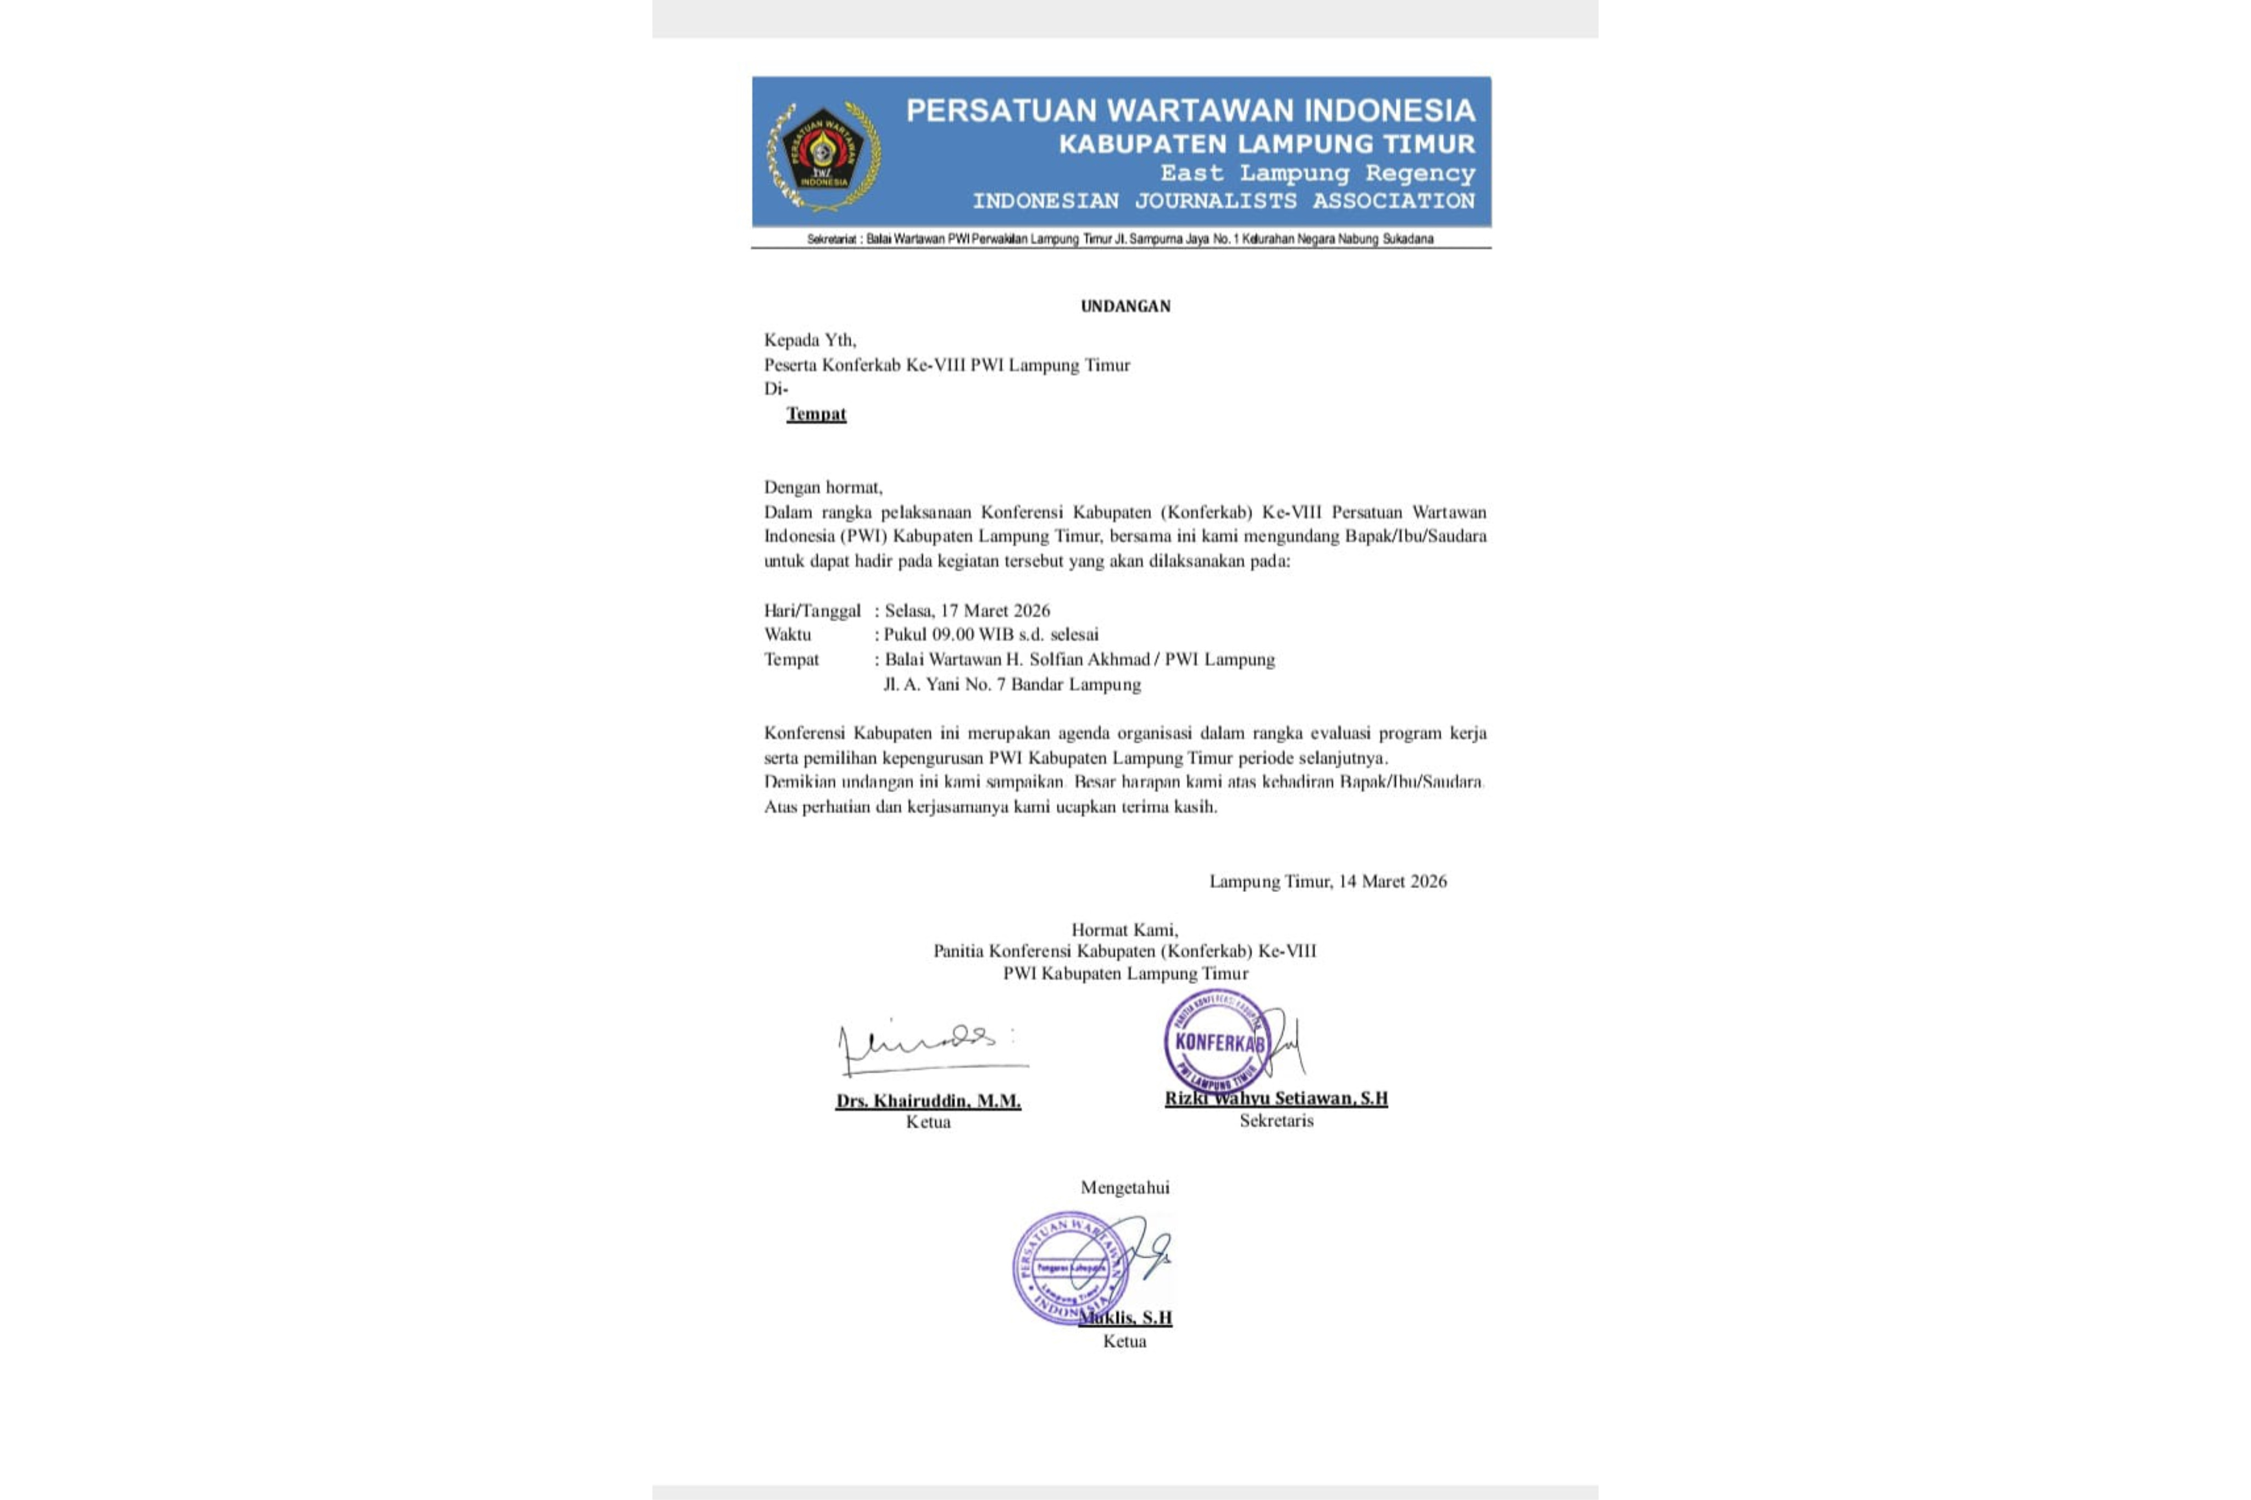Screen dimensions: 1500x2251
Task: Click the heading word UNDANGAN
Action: click(x=1125, y=306)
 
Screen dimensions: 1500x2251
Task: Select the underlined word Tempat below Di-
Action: click(x=816, y=414)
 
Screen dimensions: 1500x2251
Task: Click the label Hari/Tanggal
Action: click(x=812, y=610)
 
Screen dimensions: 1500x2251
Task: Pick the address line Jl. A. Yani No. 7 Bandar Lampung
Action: click(x=1012, y=684)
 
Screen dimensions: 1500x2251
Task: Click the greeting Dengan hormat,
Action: click(x=823, y=487)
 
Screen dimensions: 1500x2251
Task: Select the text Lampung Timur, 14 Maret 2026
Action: click(x=1328, y=881)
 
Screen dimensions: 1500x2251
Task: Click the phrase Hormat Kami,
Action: click(x=1124, y=929)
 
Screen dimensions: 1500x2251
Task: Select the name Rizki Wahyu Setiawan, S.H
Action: click(x=1276, y=1098)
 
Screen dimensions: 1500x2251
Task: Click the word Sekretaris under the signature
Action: click(x=1276, y=1120)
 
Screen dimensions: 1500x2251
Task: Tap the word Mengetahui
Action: click(x=1125, y=1187)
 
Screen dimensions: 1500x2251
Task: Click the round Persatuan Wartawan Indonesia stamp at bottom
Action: click(x=1069, y=1268)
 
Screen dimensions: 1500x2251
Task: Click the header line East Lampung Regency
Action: click(x=1317, y=173)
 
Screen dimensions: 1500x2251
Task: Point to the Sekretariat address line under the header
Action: click(x=1120, y=239)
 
